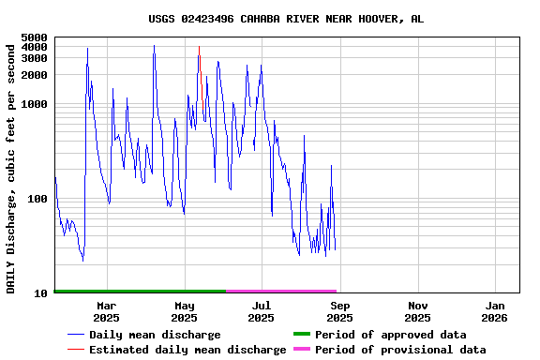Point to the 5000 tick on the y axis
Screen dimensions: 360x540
tap(34, 37)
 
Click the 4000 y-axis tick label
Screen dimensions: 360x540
tap(34, 47)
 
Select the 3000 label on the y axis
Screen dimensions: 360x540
tap(34, 58)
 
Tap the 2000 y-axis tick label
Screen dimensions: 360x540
tap(34, 75)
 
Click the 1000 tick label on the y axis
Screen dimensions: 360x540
tap(34, 104)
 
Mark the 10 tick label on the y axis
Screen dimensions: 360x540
tap(40, 293)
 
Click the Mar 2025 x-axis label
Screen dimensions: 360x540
tap(106, 311)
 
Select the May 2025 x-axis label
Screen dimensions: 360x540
tap(185, 311)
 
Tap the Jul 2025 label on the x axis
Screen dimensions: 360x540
tap(262, 311)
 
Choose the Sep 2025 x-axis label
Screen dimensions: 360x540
tap(340, 311)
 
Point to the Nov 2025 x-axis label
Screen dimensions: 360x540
tap(418, 311)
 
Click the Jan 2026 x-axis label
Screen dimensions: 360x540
tap(496, 311)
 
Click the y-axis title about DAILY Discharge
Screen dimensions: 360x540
tap(11, 167)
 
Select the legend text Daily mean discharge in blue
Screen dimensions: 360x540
tap(155, 335)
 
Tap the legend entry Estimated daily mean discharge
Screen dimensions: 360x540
tap(187, 350)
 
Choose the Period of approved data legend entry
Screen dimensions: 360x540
tap(390, 335)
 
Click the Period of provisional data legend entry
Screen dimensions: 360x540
tap(400, 350)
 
